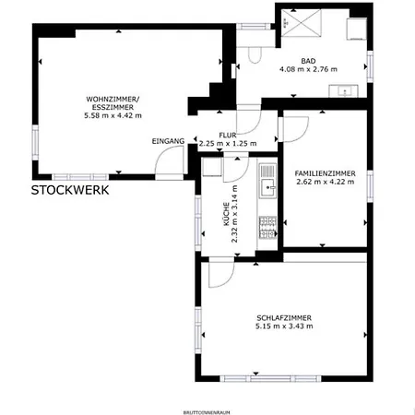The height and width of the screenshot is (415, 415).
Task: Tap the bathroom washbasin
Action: pyautogui.click(x=348, y=90)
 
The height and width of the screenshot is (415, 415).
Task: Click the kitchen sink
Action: pyautogui.click(x=267, y=189)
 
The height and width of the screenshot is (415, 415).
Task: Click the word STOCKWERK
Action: pyautogui.click(x=70, y=191)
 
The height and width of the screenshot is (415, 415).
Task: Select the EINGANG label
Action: pyautogui.click(x=169, y=141)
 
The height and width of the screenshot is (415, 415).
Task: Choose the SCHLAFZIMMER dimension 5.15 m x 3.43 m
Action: pyautogui.click(x=284, y=326)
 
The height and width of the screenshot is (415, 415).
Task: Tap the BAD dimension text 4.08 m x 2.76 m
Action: pyautogui.click(x=308, y=68)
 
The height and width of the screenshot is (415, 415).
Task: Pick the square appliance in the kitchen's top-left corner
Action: pyautogui.click(x=211, y=169)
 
